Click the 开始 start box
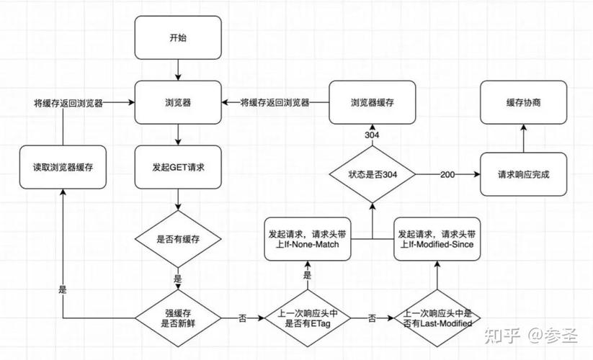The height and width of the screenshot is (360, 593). click(x=178, y=37)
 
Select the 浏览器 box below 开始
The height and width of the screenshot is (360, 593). click(x=178, y=102)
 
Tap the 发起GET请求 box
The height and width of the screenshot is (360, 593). click(x=178, y=167)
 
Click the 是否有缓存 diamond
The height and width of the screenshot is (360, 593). click(x=178, y=239)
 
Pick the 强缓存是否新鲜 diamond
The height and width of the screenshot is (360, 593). click(x=178, y=318)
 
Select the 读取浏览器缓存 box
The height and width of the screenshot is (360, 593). click(x=63, y=167)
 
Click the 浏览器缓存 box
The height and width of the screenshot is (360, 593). click(x=372, y=102)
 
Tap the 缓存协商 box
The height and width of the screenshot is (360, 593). click(x=523, y=102)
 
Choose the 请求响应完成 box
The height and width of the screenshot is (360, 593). click(x=523, y=174)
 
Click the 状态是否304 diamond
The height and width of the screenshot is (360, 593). click(x=372, y=174)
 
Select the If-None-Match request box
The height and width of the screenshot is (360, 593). click(x=308, y=239)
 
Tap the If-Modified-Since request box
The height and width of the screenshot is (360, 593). click(x=437, y=239)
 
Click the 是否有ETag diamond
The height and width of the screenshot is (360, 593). click(x=308, y=318)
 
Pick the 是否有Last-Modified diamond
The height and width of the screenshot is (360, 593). click(x=437, y=318)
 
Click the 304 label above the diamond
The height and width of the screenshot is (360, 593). click(x=372, y=135)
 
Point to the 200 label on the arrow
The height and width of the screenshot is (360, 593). click(x=447, y=174)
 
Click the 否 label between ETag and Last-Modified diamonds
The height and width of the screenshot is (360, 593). click(x=372, y=318)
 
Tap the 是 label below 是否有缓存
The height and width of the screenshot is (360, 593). click(x=178, y=279)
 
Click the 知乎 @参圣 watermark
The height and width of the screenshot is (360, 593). click(x=531, y=336)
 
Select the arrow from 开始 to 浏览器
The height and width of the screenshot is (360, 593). click(x=178, y=70)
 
